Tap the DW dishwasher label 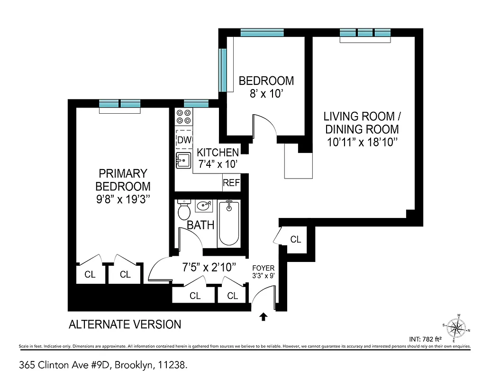(184, 140)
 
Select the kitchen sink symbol (183, 160)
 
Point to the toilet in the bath (184, 210)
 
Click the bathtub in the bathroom (229, 222)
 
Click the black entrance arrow (264, 316)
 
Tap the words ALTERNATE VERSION (125, 325)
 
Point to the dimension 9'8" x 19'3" (123, 199)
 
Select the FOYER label (263, 268)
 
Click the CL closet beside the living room (296, 240)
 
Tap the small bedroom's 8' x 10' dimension (266, 93)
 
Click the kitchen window (196, 104)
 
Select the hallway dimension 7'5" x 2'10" (209, 268)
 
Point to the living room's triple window (365, 33)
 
